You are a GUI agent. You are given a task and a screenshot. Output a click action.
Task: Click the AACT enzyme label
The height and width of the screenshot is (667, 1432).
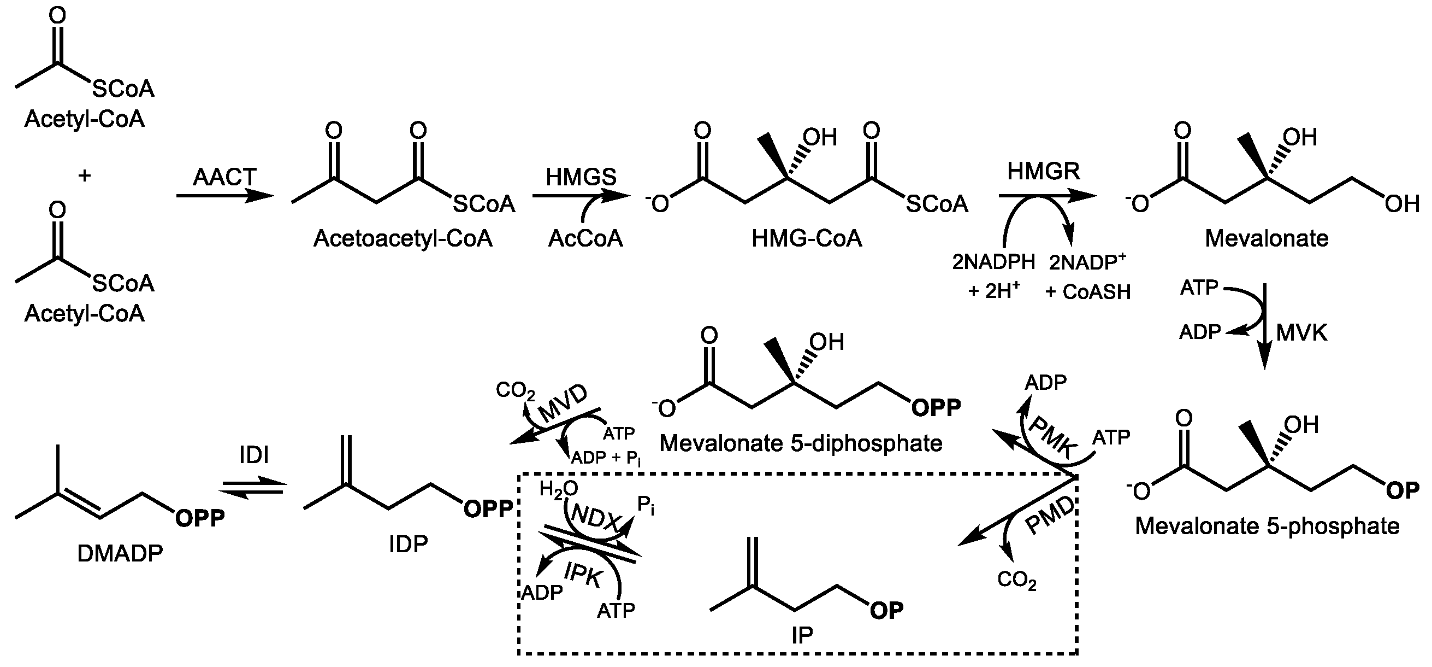click(x=224, y=178)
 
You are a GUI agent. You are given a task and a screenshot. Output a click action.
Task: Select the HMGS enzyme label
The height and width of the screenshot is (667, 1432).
click(x=581, y=178)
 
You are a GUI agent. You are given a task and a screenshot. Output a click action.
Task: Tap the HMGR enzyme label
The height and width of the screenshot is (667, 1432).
click(x=1044, y=171)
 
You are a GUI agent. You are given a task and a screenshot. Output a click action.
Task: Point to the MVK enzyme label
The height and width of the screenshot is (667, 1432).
click(x=1301, y=333)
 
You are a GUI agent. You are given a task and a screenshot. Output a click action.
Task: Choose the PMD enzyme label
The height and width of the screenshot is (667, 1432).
click(x=1050, y=516)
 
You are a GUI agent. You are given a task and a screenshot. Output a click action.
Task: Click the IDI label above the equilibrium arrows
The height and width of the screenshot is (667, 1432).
click(x=254, y=455)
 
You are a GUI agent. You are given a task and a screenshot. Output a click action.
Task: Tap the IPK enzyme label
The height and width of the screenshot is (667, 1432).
click(x=583, y=575)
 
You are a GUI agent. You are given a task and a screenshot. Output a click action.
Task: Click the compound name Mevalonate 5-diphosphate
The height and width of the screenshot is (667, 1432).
click(x=801, y=443)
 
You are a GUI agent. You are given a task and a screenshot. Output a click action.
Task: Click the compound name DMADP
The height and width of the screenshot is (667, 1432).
click(x=120, y=553)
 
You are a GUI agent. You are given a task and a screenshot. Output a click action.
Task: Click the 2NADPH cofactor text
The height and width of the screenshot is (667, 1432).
click(x=993, y=262)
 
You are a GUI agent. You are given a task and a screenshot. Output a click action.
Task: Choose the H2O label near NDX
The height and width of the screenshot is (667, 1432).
click(x=558, y=489)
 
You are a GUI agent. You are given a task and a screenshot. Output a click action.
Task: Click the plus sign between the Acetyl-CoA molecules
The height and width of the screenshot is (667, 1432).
click(x=85, y=177)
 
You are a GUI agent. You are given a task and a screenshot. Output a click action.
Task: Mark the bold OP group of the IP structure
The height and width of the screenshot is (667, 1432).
click(x=886, y=611)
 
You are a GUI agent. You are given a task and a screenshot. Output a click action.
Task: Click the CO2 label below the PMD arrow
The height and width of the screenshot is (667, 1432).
click(x=1017, y=580)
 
